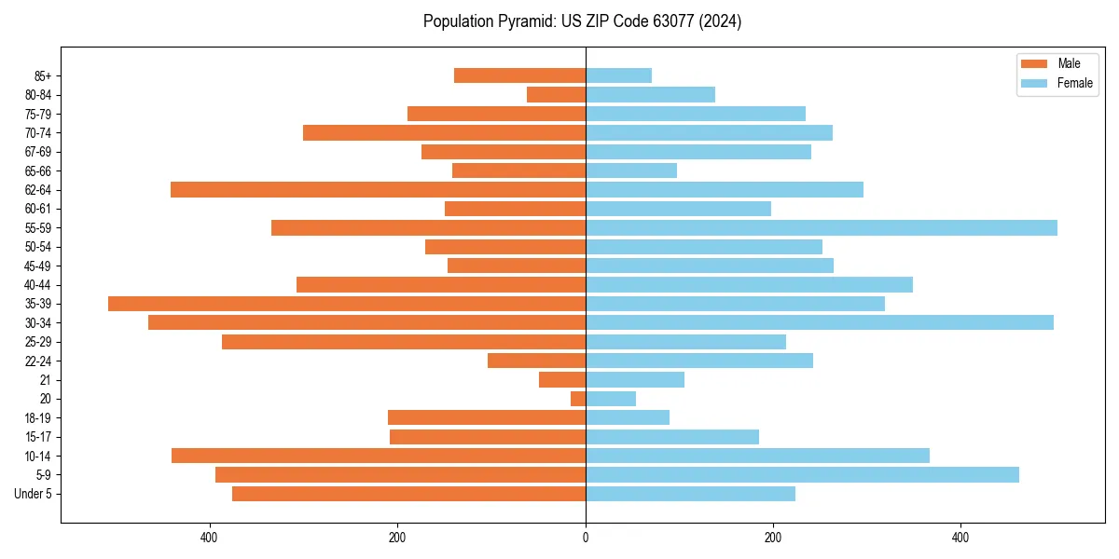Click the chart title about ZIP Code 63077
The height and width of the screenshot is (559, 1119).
coord(582,21)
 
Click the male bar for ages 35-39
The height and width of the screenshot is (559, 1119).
coord(347,304)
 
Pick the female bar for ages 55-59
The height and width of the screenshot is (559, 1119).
coord(821,227)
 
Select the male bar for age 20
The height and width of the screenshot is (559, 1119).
coord(578,399)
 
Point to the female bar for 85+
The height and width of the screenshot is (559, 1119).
coord(618,75)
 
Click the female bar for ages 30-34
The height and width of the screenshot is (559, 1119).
coord(819,322)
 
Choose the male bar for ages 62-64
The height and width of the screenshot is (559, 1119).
coord(378,189)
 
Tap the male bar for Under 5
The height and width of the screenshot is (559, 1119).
coord(408,494)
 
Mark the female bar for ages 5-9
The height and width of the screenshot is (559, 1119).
coord(802,474)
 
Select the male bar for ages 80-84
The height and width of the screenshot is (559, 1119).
coord(556,94)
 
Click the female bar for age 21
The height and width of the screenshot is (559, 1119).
coord(634,379)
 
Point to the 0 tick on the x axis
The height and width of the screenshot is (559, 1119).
coord(586,538)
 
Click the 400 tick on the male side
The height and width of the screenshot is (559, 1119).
coord(210,538)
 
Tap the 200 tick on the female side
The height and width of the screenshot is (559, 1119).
coord(773,538)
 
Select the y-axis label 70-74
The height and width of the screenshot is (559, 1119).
coord(38,132)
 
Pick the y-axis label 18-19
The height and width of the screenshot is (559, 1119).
coord(38,417)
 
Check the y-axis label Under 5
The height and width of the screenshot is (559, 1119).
coord(34,494)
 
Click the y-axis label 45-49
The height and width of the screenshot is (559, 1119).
coord(38,266)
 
